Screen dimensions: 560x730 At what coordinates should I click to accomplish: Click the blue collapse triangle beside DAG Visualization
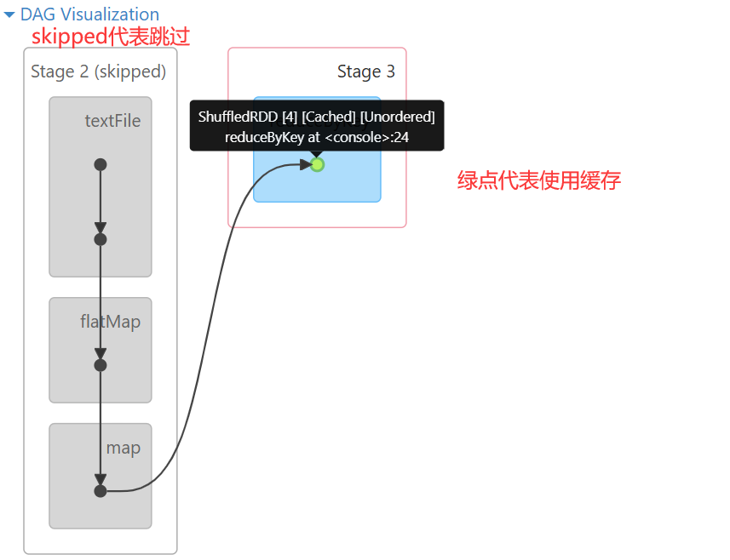click(9, 14)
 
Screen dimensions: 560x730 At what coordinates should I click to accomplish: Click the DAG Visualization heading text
click(89, 14)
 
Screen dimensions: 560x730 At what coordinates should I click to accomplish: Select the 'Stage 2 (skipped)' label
click(99, 71)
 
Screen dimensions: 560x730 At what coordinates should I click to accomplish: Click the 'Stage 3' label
click(366, 71)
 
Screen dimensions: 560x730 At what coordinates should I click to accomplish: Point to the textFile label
click(112, 121)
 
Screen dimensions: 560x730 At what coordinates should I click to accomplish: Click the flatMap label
click(111, 322)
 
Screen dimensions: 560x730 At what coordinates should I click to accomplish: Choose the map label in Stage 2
click(124, 448)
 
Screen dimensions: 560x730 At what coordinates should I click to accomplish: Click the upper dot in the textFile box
click(101, 164)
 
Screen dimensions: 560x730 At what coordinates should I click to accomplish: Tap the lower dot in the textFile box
click(101, 239)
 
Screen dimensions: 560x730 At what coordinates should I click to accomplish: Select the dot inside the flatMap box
click(101, 365)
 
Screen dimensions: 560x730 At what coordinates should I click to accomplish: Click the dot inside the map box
click(101, 491)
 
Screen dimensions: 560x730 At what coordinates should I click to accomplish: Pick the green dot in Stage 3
click(318, 164)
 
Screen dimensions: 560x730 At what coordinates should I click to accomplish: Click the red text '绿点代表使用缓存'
click(539, 180)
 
